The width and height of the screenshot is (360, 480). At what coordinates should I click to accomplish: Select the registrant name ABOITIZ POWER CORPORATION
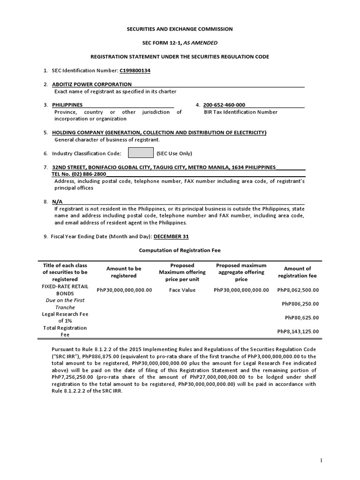92,84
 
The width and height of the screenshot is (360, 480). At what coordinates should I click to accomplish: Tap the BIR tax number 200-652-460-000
224,105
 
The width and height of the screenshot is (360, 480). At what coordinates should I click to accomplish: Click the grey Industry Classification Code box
141,153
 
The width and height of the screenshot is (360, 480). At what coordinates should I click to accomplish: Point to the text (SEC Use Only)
174,153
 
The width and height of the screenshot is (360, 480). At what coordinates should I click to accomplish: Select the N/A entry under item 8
57,201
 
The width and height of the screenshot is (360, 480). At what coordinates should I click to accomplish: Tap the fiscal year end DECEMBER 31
171,236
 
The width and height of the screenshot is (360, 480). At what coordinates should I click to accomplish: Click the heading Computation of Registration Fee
180,250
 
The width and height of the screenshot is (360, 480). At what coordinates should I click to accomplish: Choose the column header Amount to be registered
124,272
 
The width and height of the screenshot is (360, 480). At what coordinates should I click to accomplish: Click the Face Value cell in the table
182,290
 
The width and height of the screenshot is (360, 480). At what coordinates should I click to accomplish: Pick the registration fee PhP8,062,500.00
298,290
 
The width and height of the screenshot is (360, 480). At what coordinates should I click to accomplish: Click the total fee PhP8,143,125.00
298,331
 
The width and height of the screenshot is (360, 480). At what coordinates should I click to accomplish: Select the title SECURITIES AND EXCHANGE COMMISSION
180,29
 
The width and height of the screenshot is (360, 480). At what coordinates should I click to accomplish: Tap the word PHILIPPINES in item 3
67,105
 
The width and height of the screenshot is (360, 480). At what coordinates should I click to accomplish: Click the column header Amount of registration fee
298,272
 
